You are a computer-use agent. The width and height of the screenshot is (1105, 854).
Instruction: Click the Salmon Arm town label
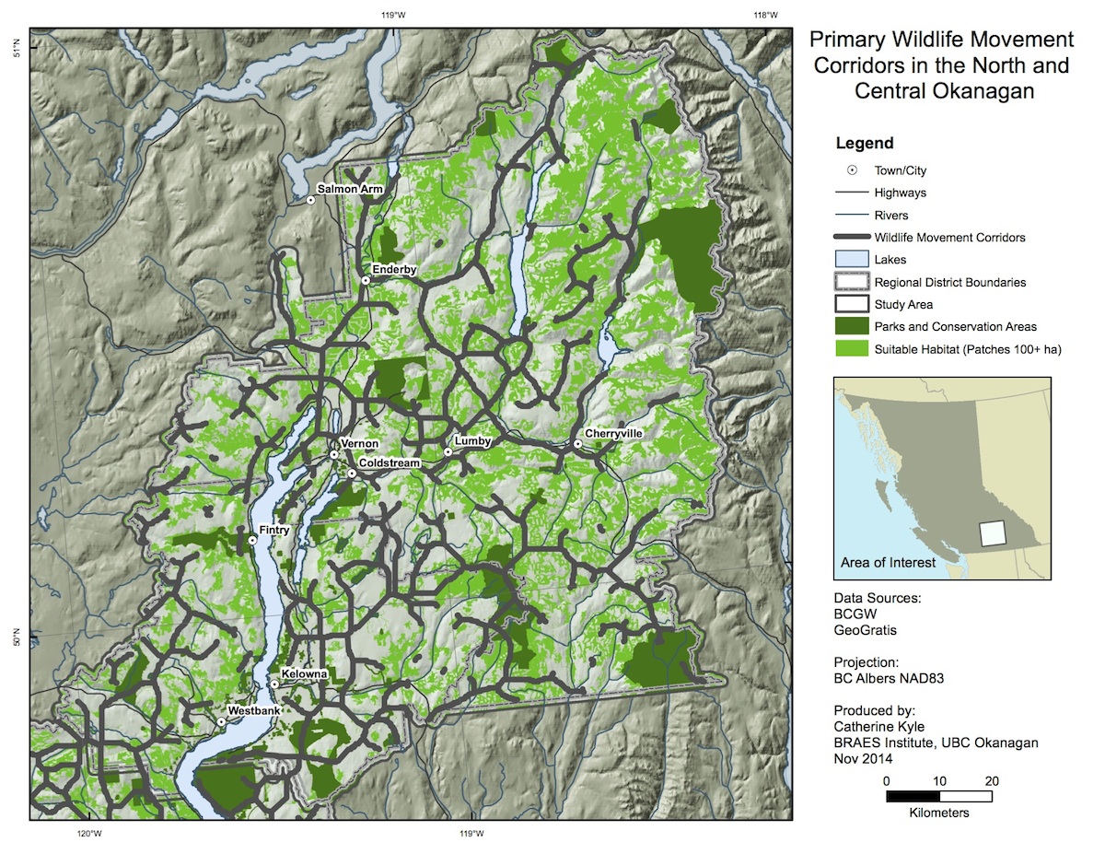coord(349,189)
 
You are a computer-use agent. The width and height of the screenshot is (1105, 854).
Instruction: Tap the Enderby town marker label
coord(394,269)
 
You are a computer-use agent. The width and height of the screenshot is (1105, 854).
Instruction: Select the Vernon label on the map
coord(359,444)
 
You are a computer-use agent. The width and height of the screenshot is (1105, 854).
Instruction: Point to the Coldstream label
coord(389,463)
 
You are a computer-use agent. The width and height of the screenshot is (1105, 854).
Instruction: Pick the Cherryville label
coord(613,433)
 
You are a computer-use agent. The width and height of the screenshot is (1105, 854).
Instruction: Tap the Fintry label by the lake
coord(274,531)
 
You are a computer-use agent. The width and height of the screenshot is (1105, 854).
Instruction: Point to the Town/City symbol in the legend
coord(852,170)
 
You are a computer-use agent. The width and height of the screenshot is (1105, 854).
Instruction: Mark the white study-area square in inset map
coord(992,534)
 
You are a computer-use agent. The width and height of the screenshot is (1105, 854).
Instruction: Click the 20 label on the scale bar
coord(991,781)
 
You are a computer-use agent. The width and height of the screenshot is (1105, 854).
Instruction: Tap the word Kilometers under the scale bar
coord(938,813)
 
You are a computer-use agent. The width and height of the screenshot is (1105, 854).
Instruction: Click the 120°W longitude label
coord(87,835)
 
